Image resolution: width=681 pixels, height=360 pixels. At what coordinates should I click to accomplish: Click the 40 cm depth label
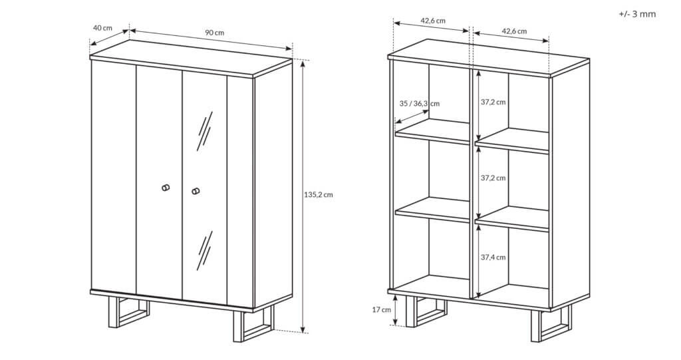102,28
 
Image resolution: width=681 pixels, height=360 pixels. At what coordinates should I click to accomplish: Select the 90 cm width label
215,32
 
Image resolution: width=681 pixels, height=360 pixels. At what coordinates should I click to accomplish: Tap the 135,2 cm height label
318,195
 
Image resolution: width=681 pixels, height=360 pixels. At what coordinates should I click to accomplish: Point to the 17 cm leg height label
381,309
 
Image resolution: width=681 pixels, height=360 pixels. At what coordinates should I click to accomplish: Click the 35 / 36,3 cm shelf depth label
419,104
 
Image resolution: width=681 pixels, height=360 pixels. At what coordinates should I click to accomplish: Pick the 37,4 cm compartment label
493,257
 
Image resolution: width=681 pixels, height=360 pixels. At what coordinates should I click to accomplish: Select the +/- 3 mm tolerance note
637,14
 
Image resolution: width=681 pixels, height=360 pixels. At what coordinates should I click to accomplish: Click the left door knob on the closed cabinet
166,188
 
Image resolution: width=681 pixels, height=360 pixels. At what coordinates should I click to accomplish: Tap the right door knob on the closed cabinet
196,191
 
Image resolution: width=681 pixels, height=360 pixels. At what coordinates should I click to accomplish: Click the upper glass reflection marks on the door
204,131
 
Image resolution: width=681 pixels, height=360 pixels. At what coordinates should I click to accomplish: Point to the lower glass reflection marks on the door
204,250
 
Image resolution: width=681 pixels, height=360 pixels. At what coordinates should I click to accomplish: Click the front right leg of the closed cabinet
253,325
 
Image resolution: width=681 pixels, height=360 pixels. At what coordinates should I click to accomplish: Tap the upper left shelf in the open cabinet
432,131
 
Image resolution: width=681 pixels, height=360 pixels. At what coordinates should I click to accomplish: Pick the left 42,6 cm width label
433,21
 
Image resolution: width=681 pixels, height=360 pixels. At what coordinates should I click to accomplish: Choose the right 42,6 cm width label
514,31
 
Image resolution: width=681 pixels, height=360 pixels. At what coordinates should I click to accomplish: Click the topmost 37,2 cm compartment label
493,102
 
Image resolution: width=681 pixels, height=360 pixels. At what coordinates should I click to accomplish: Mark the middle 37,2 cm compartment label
493,178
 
